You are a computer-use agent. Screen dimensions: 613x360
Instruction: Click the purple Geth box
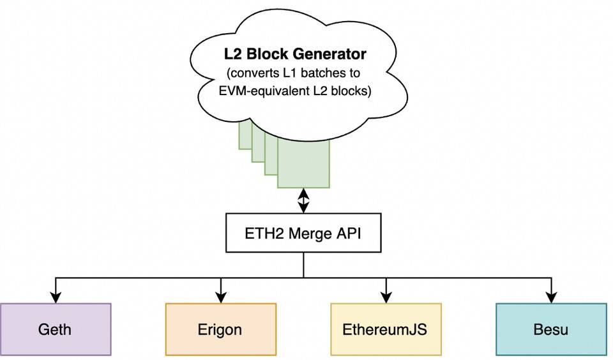56,329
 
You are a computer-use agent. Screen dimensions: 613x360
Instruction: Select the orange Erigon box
221,329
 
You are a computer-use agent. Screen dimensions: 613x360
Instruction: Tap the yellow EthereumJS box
386,329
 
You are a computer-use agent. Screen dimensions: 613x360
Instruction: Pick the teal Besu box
551,329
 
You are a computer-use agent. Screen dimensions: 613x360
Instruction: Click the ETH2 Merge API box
303,233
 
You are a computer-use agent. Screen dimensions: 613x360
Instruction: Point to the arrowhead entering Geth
56,298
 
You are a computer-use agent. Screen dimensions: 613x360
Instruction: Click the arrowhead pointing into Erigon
221,298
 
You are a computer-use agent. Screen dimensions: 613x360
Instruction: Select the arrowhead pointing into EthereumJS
386,298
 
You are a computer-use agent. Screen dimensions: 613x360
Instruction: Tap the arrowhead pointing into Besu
551,298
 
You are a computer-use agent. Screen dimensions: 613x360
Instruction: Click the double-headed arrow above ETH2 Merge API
303,200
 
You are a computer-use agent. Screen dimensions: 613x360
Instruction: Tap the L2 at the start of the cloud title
234,54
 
